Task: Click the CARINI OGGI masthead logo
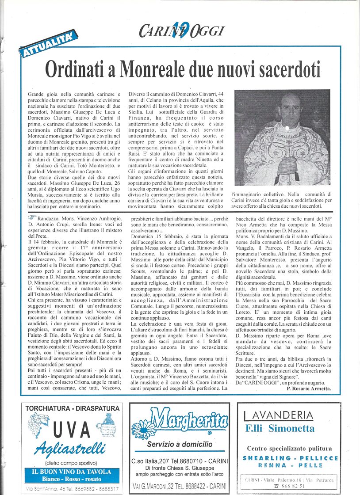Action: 182,31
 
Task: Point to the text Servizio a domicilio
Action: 180,444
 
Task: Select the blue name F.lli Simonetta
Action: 280,428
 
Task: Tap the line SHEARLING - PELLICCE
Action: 290,458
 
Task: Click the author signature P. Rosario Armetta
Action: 308,389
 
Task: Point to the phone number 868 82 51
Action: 290,486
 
